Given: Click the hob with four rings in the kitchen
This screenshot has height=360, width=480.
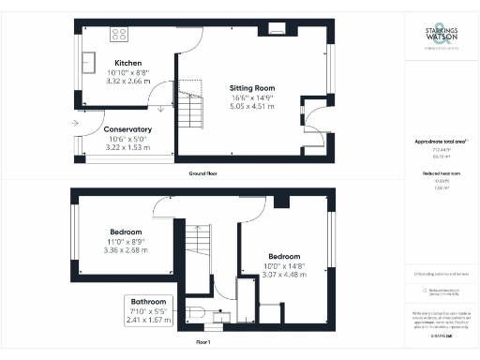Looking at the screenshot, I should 120,35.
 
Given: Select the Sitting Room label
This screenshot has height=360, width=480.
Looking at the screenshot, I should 253,87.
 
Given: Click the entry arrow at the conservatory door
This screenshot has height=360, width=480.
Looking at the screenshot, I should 74,123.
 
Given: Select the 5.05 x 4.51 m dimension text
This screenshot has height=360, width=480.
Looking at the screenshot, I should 253,106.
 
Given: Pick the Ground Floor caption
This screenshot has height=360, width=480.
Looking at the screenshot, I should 203,174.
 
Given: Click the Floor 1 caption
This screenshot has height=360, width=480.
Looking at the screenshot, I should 202,342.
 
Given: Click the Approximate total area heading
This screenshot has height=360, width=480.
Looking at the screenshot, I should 440,142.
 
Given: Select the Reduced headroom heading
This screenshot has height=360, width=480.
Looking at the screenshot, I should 440,173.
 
